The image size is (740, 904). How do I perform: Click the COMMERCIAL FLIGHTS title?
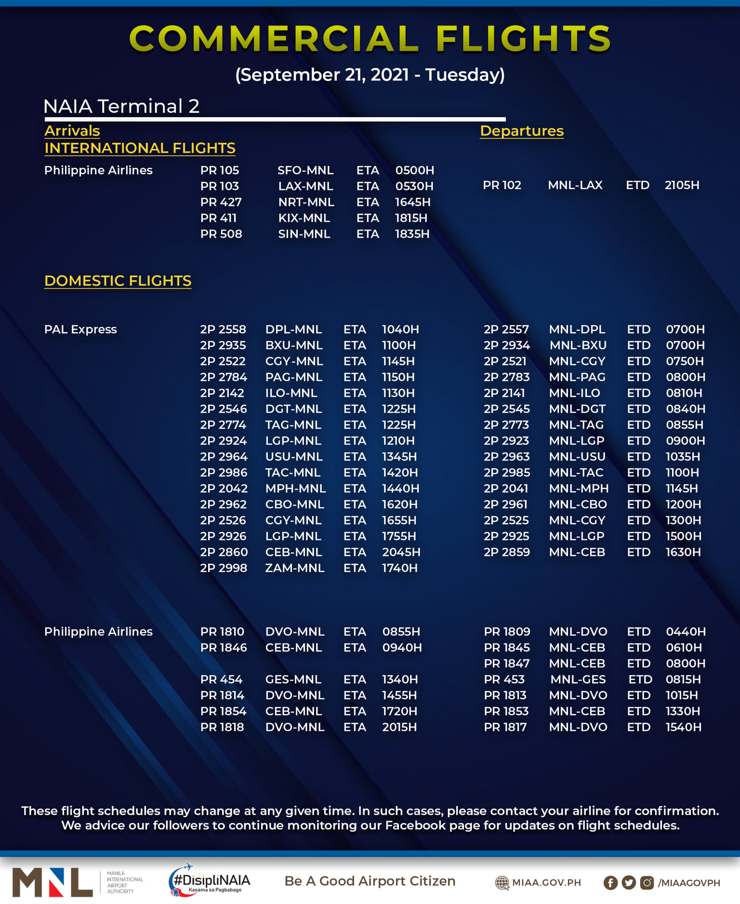[370, 39]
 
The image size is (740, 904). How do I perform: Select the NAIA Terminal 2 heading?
[121, 107]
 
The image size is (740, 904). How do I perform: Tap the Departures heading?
[522, 131]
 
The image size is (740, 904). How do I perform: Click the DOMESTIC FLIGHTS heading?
[118, 281]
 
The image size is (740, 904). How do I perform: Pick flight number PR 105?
[220, 171]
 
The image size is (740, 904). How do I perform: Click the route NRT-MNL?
[306, 202]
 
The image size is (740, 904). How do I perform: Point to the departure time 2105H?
[682, 185]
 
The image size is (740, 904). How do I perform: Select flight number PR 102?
[502, 185]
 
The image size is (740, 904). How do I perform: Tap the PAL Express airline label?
[80, 330]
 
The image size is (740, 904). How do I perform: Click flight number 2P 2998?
[224, 568]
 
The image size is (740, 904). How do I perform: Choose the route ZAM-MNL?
[295, 568]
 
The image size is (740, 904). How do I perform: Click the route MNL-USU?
[577, 457]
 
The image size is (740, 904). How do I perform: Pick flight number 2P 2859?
[507, 553]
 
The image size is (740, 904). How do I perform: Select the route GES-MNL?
[293, 680]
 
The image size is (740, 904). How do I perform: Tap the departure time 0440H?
[686, 632]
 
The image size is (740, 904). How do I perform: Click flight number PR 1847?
[507, 664]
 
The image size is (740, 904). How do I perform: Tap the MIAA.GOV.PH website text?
[546, 883]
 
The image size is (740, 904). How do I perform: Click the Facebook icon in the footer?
[610, 883]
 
